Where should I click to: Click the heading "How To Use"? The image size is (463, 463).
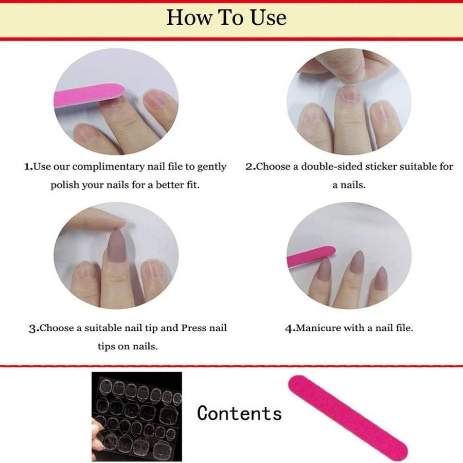(226, 17)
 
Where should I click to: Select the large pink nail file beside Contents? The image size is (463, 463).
(348, 418)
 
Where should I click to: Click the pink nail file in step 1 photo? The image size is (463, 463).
(88, 95)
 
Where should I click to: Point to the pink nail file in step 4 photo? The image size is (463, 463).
(311, 256)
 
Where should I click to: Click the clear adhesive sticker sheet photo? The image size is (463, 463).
(137, 416)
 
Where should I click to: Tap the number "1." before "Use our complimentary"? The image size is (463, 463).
(29, 167)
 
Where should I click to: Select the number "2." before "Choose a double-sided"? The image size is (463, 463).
(251, 167)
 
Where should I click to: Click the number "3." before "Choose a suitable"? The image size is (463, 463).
(34, 328)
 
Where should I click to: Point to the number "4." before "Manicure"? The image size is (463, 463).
(290, 328)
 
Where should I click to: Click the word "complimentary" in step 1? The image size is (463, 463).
(109, 167)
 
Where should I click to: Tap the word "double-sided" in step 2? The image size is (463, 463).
(332, 167)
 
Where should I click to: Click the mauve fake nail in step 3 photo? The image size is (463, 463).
(119, 245)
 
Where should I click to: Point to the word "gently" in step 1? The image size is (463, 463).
(212, 167)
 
